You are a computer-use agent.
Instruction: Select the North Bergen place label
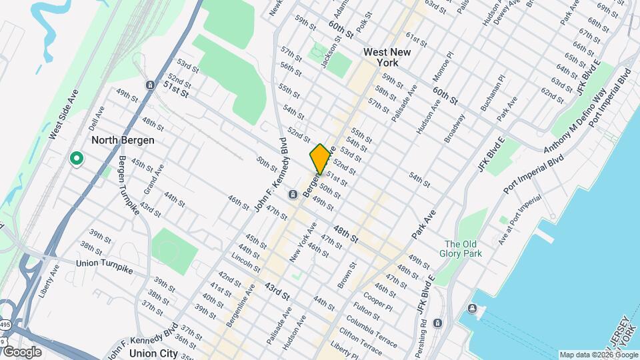(123, 140)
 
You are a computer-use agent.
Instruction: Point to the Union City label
(154, 353)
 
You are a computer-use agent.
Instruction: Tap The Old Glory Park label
(459, 248)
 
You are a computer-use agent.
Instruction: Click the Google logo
(21, 352)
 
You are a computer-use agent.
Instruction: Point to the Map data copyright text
(597, 355)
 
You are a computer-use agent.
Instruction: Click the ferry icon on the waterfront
(472, 309)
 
